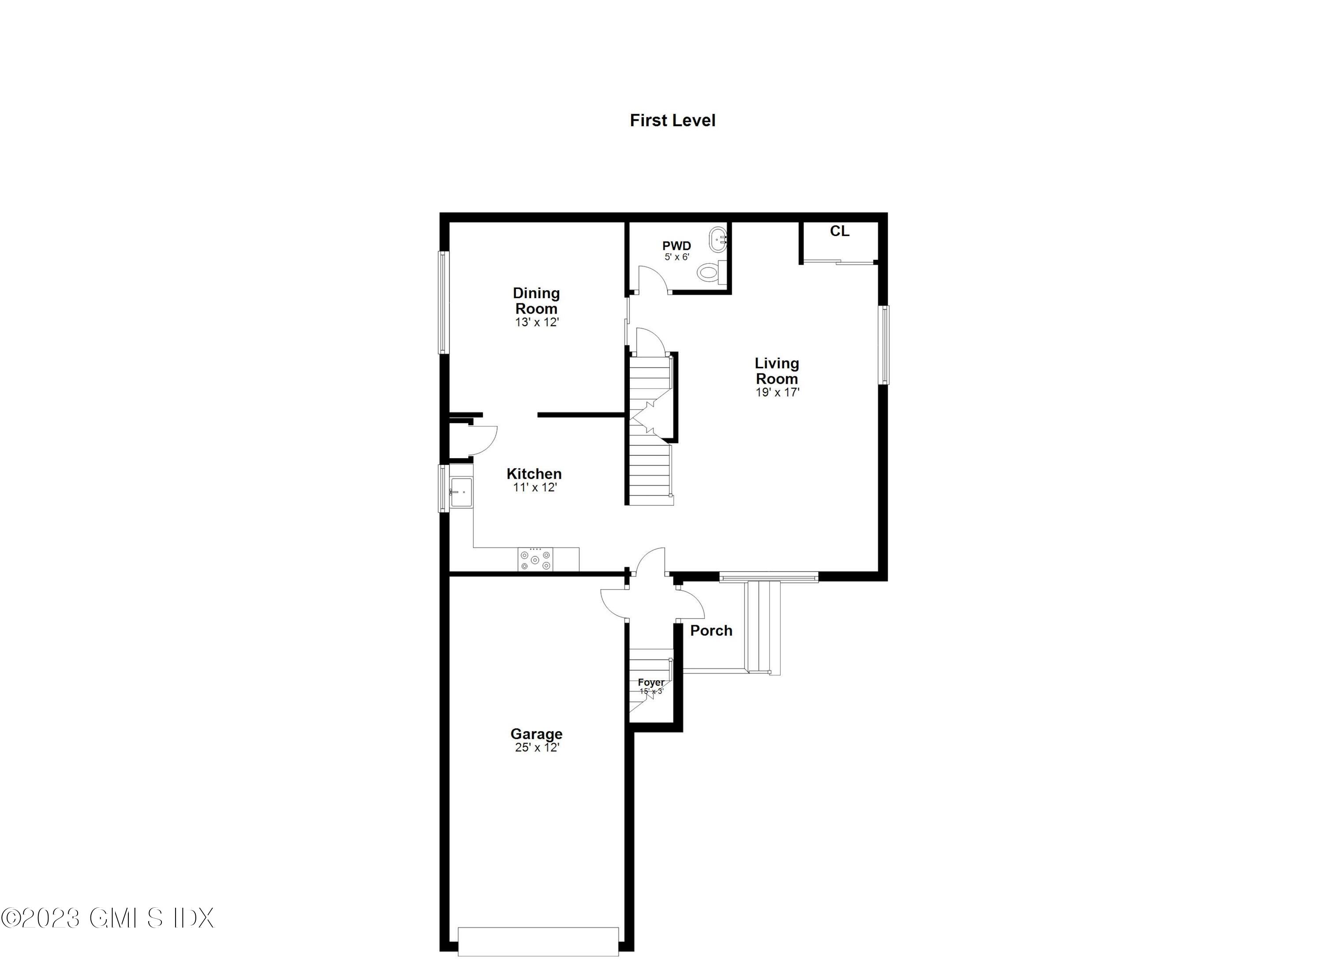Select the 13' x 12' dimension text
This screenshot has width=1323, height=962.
[537, 322]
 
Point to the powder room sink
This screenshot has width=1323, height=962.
[718, 239]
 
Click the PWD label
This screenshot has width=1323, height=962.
[676, 246]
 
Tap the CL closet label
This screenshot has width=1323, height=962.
[839, 231]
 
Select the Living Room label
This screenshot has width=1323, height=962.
[777, 371]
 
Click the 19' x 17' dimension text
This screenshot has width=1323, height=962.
[777, 392]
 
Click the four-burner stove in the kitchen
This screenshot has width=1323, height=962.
[535, 559]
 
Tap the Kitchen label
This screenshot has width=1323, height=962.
[534, 474]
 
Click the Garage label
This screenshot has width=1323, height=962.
[536, 734]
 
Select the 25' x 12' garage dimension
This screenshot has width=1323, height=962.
[537, 747]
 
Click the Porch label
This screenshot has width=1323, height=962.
[710, 631]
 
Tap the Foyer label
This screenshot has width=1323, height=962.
[650, 682]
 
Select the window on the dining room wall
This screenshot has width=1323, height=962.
[444, 302]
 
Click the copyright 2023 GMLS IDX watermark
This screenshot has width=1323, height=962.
[108, 917]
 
